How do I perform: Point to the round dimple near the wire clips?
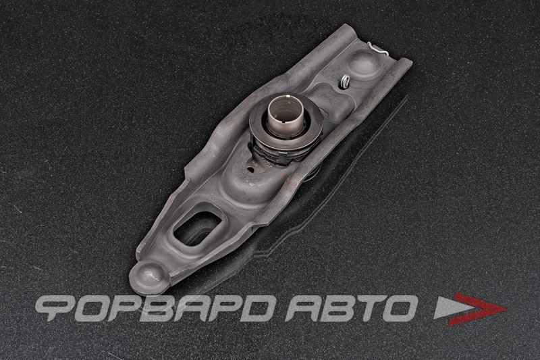click(x=363, y=66)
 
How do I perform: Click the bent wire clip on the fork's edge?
click(x=378, y=49)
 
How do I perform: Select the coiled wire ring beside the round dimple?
click(x=344, y=81)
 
